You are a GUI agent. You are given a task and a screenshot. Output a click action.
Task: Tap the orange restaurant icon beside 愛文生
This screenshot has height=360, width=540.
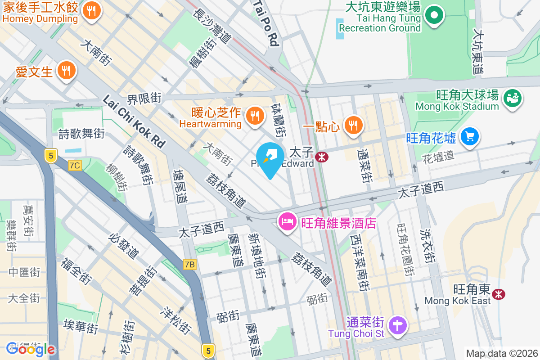coord(66,71)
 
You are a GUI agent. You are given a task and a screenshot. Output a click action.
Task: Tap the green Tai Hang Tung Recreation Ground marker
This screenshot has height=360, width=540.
coord(434,16)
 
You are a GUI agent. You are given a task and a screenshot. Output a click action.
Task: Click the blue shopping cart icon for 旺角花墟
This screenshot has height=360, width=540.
coord(469,137)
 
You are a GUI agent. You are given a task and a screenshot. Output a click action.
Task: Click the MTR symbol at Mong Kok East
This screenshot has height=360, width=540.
coord(498,294)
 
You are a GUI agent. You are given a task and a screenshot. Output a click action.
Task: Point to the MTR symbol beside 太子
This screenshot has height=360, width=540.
coord(321,157)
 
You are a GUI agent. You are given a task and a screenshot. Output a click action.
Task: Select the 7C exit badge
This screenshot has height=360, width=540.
coord(75,166)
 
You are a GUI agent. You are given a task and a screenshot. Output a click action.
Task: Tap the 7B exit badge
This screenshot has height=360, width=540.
coord(190,265)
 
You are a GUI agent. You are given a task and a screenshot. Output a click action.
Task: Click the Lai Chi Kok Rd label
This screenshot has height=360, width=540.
coord(134,122)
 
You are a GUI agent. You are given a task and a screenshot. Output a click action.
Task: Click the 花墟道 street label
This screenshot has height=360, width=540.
coord(439,156)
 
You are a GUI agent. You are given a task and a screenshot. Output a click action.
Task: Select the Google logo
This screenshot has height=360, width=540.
coord(31,349)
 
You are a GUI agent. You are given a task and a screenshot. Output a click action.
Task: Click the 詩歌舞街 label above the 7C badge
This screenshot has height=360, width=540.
coord(82,134)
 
